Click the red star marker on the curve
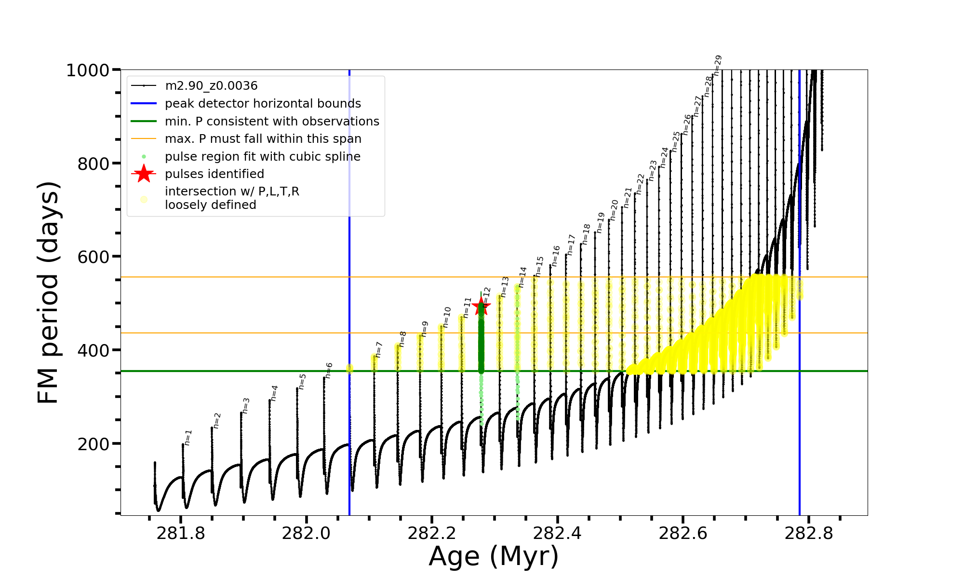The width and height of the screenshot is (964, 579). pyautogui.click(x=481, y=306)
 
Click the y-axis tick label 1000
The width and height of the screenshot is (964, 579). pyautogui.click(x=88, y=70)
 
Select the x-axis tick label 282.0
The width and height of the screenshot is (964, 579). pyautogui.click(x=306, y=533)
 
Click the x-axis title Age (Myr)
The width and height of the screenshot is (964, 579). pyautogui.click(x=494, y=556)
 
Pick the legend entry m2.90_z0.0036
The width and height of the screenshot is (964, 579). pyautogui.click(x=211, y=86)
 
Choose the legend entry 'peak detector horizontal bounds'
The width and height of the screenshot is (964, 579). pyautogui.click(x=263, y=104)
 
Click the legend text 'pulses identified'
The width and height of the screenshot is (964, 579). pyautogui.click(x=214, y=174)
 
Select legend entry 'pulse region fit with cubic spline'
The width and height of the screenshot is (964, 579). pyautogui.click(x=263, y=157)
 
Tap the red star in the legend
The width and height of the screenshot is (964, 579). pyautogui.click(x=144, y=174)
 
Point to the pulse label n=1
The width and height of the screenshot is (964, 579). pyautogui.click(x=188, y=437)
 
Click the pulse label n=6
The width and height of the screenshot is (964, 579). pyautogui.click(x=329, y=370)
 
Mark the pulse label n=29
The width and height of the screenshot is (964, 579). pyautogui.click(x=718, y=65)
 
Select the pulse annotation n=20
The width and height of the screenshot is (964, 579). pyautogui.click(x=614, y=210)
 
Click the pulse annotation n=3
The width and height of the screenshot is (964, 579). pyautogui.click(x=246, y=406)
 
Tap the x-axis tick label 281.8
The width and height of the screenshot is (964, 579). pyautogui.click(x=181, y=533)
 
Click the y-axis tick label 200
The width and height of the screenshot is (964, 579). pyautogui.click(x=94, y=444)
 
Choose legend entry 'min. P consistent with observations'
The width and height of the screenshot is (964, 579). pyautogui.click(x=272, y=122)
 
